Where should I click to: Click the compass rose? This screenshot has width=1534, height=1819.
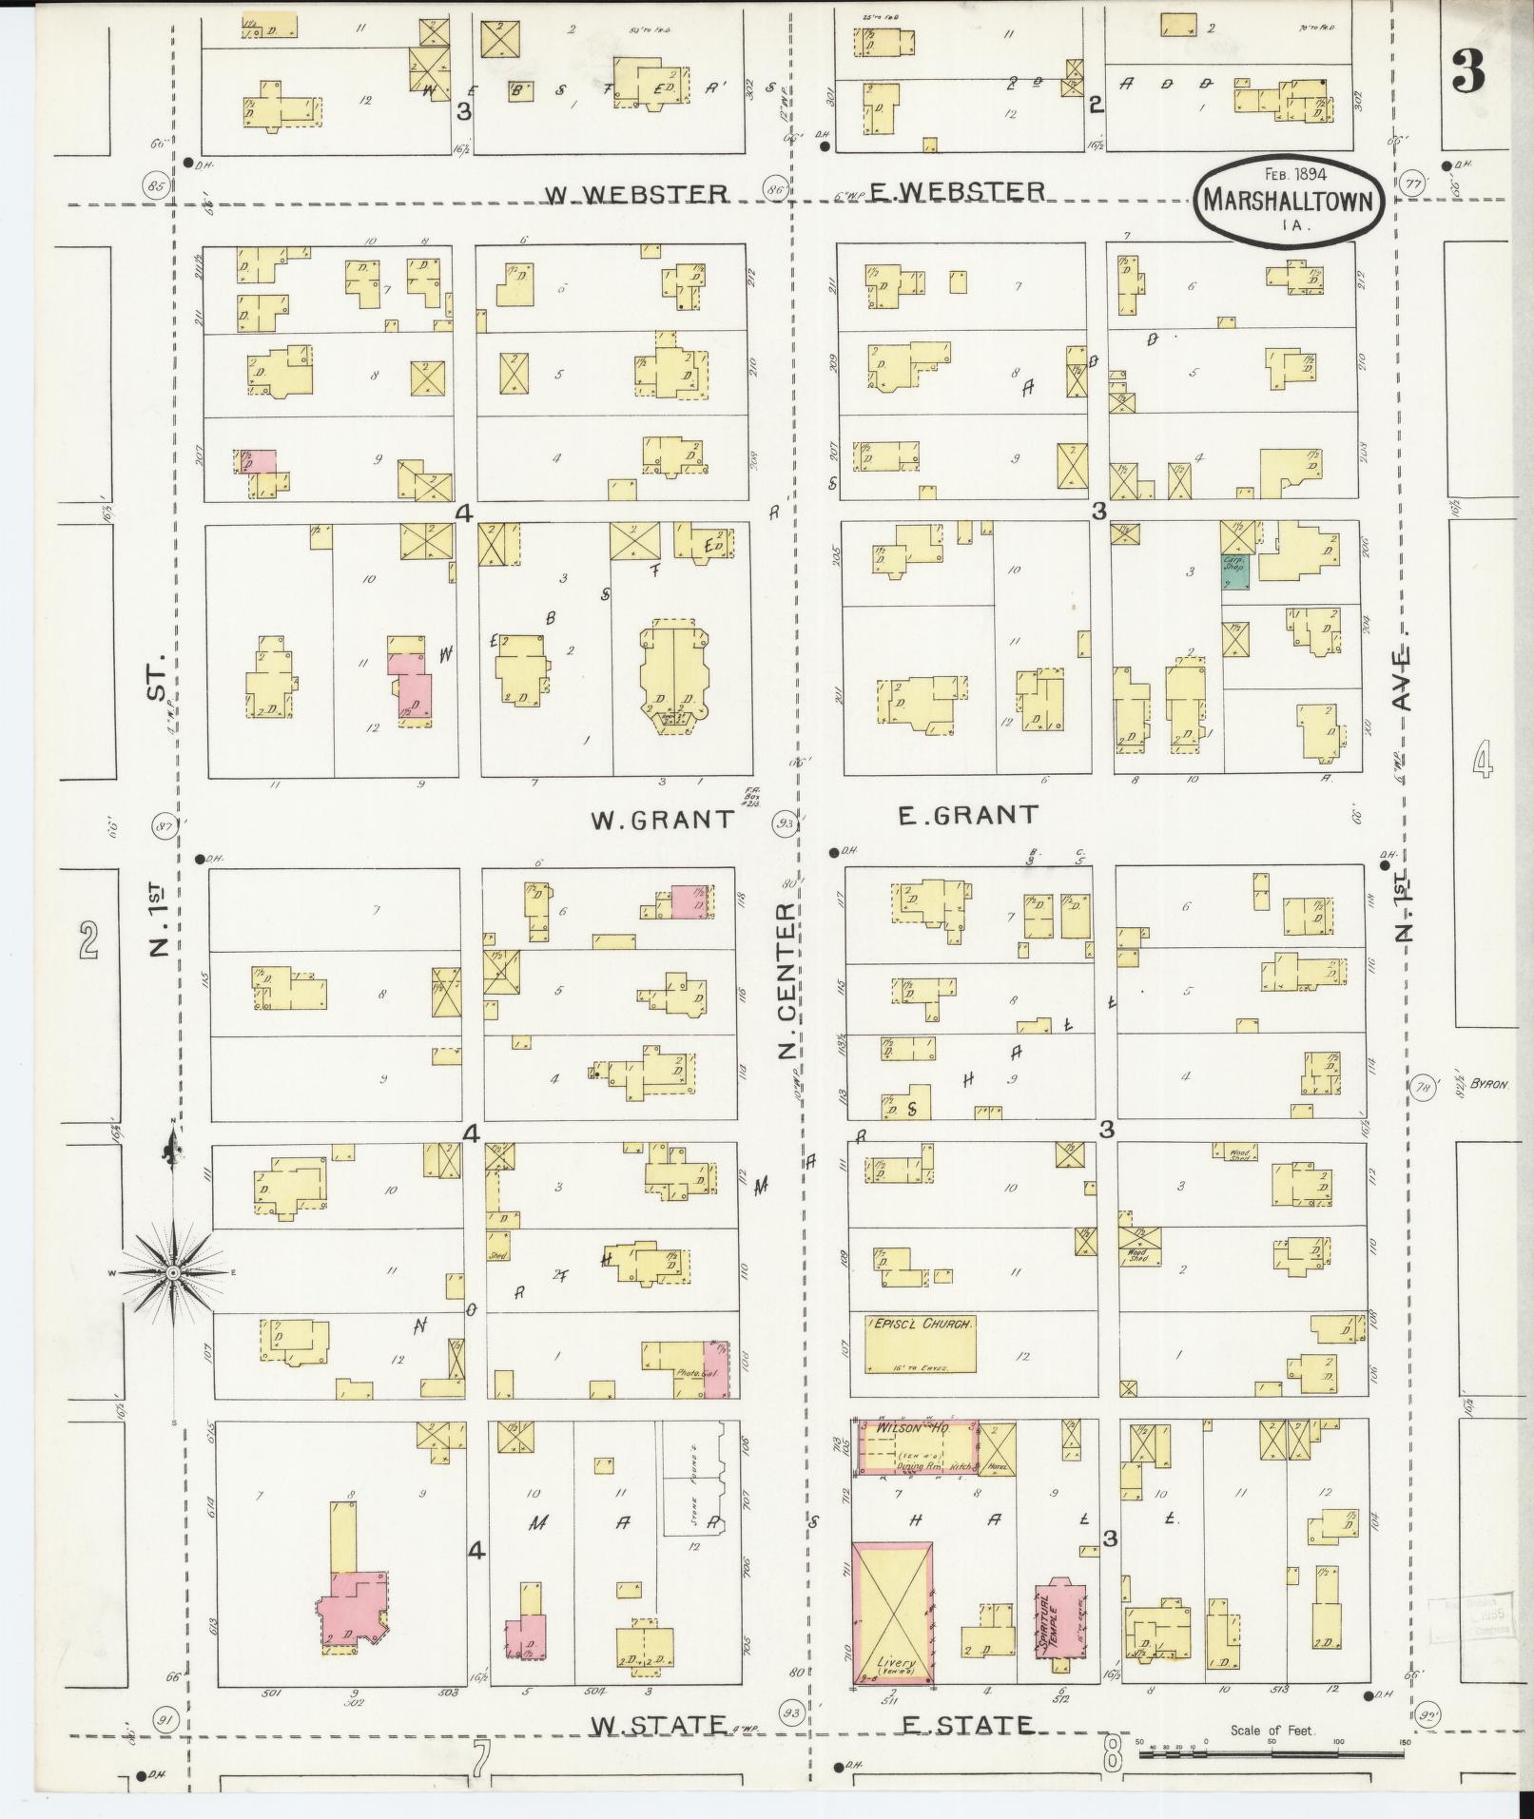pos(174,1272)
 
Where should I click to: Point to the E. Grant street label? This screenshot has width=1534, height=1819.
pos(966,815)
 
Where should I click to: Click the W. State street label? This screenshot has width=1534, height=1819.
pos(657,1723)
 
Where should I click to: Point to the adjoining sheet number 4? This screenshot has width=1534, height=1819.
pos(1482,762)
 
